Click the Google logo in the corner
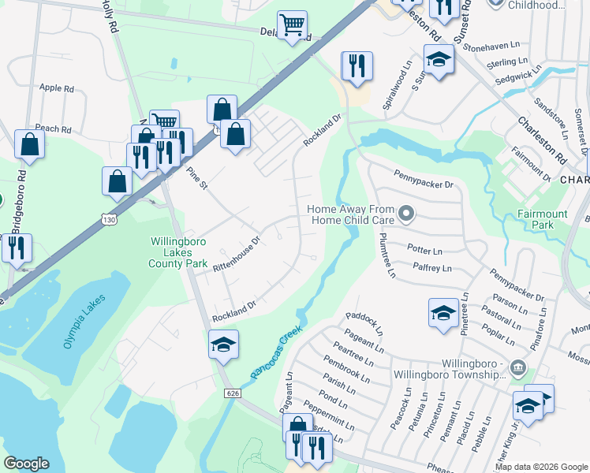point(26,464)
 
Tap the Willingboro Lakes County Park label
point(177,252)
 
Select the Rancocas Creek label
point(276,352)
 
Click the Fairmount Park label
point(542,219)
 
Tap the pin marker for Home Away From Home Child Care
point(406,214)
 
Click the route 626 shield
point(230,393)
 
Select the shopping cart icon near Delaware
point(293,25)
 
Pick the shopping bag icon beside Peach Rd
point(29,144)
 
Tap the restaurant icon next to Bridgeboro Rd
point(16,247)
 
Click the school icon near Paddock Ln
point(443,313)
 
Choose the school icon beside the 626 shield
point(224,345)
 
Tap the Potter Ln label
point(424,248)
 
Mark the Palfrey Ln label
point(431,268)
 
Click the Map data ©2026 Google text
point(540,467)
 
